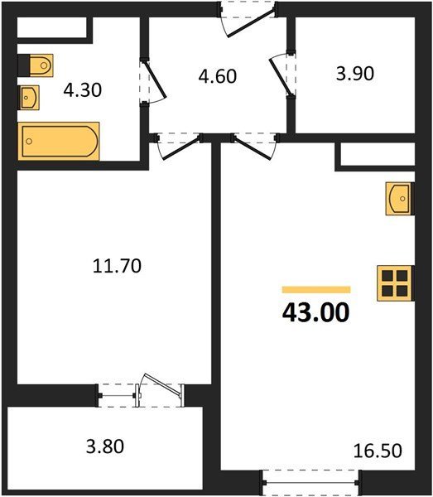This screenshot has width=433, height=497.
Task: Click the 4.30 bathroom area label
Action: point(82,90)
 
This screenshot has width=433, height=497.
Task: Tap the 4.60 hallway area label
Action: point(218,76)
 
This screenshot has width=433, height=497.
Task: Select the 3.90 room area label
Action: point(355,74)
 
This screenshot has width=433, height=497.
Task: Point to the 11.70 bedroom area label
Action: point(117,266)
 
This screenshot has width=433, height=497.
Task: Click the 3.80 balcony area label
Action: point(105,446)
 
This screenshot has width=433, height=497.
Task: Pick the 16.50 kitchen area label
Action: point(378,451)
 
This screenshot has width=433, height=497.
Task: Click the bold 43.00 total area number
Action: point(315,312)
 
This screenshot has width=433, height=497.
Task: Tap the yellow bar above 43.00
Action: point(316,290)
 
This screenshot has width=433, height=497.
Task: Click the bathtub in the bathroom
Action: point(59,141)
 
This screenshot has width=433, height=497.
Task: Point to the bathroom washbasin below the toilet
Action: point(29,98)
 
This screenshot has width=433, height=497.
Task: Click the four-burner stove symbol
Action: point(395,283)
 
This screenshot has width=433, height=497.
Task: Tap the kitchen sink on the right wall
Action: point(400,199)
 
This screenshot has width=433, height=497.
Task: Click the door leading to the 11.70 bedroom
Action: point(179,147)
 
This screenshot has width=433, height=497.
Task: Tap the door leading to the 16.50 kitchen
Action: point(255,147)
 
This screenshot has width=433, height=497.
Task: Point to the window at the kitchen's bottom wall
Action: point(311,483)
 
